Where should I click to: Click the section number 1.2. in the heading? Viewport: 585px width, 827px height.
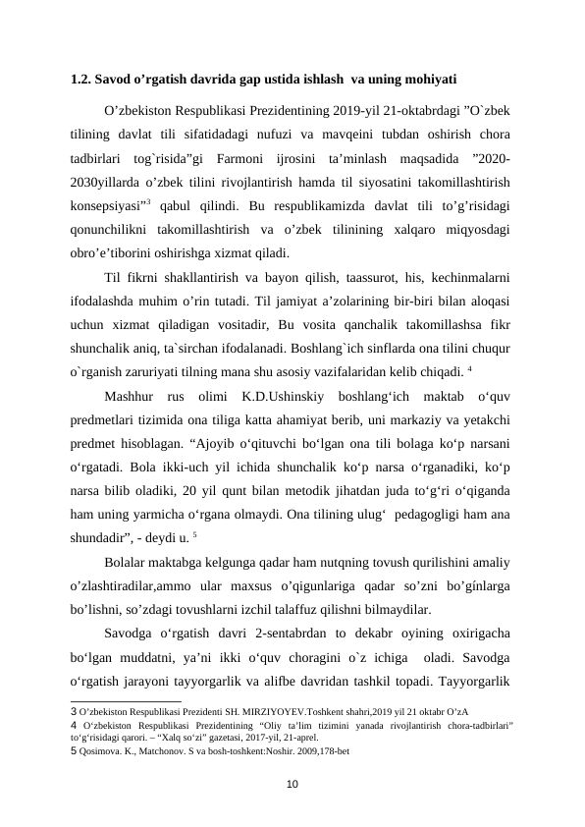[x=82, y=78]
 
